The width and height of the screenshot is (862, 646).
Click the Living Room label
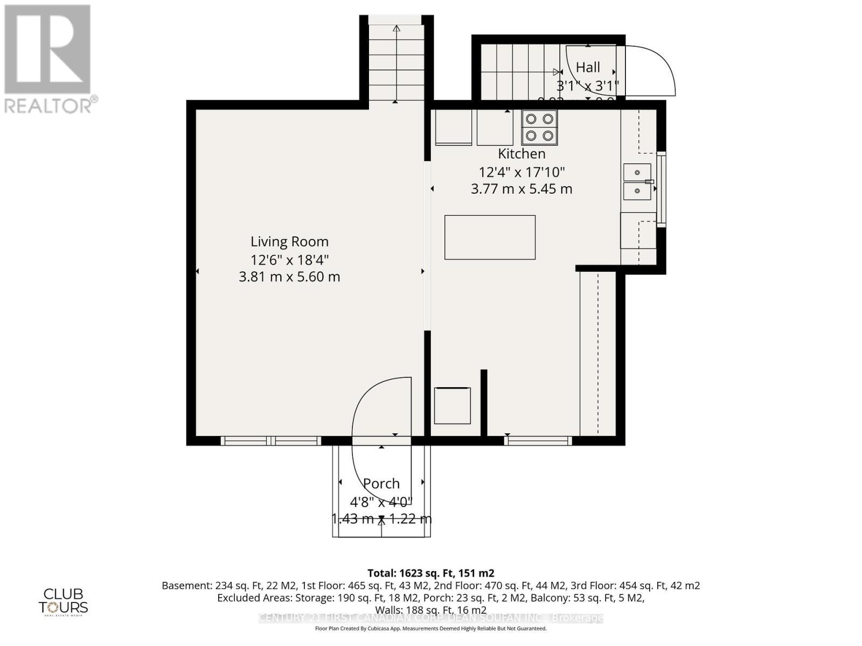[289, 242]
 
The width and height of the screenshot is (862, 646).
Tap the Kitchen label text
[522, 154]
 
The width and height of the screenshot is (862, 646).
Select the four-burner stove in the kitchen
[539, 128]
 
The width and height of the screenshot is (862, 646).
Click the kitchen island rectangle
[490, 237]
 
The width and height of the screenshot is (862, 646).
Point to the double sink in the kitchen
[637, 181]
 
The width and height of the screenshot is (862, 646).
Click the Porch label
[381, 483]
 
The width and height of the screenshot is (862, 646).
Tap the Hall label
[588, 68]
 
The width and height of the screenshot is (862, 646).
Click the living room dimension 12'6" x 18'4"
[289, 260]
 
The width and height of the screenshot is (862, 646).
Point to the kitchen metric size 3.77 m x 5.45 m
[522, 189]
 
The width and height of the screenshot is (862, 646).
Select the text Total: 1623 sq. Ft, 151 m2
[430, 573]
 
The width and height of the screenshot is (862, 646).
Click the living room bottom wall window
[271, 441]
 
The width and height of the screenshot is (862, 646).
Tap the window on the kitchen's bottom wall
[538, 441]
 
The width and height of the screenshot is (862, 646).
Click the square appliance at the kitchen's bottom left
[453, 405]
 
